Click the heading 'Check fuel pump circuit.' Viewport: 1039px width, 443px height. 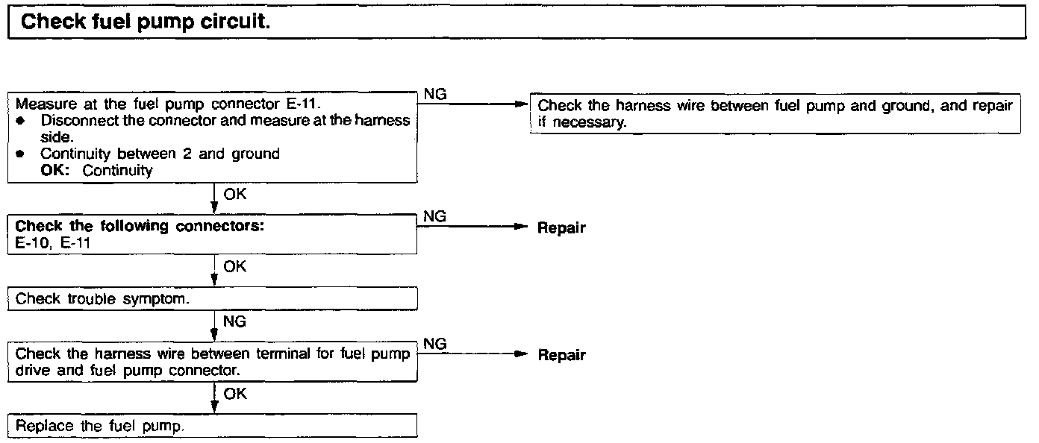pyautogui.click(x=145, y=22)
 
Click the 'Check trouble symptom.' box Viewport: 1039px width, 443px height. pyautogui.click(x=212, y=298)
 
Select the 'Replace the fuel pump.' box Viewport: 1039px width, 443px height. pyautogui.click(x=212, y=426)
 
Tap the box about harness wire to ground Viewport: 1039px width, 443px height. pyautogui.click(x=774, y=114)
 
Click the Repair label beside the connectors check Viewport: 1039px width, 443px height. pyautogui.click(x=561, y=228)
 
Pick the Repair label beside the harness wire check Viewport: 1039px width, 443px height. pyautogui.click(x=561, y=356)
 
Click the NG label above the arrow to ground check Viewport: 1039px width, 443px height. pyautogui.click(x=434, y=94)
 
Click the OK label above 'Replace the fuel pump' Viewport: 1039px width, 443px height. pyautogui.click(x=234, y=394)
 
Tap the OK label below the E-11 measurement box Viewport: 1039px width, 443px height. pyautogui.click(x=234, y=194)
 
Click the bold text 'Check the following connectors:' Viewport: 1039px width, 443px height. pyautogui.click(x=140, y=226)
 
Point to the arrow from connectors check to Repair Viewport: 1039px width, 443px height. pyautogui.click(x=470, y=227)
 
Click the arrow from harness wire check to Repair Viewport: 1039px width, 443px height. pyautogui.click(x=470, y=355)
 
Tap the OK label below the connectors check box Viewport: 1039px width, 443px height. pyautogui.click(x=234, y=266)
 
